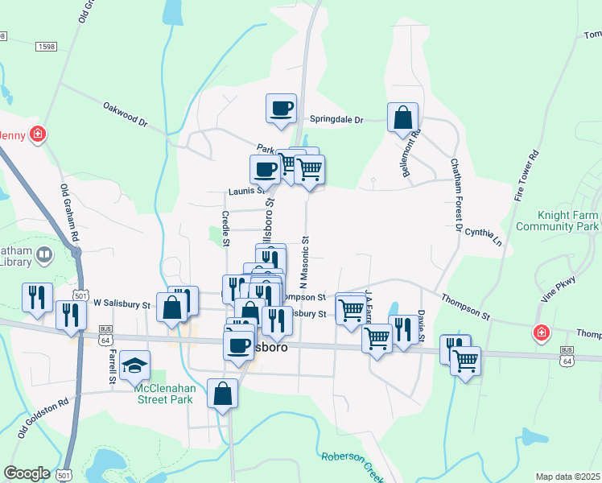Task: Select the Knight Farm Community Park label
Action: [569, 221]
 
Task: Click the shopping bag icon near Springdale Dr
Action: [402, 118]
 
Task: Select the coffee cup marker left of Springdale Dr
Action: [281, 108]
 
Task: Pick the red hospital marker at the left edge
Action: [36, 134]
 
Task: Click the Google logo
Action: [27, 473]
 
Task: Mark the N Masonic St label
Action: [305, 262]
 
